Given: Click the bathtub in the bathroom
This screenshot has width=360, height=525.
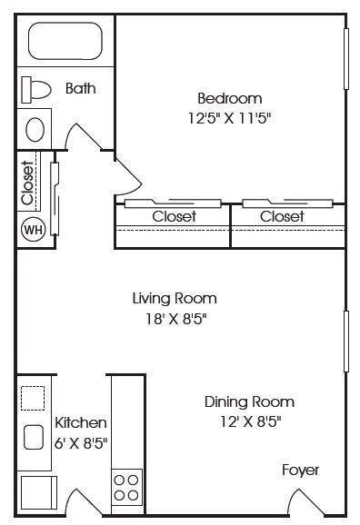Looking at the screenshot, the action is pos(65,41).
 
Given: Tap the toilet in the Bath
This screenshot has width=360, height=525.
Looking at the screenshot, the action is pos(35,90).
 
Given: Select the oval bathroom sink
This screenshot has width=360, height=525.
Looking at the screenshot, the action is pos(35,130).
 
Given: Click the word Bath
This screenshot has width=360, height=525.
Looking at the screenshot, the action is pos(80,88).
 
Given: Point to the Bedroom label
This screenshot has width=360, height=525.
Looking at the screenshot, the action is pos(230,98).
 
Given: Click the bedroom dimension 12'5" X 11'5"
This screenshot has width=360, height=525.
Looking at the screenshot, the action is pos(229,118).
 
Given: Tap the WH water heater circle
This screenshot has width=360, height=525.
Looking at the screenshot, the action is pos(34,230).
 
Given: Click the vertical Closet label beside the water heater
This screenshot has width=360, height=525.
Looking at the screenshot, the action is pos(27,183).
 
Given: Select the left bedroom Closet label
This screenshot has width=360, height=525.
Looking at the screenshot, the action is pos(174,216).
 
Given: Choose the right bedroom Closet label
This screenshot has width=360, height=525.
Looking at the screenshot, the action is pos(282,216).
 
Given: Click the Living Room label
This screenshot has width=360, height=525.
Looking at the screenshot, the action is pos(175,298).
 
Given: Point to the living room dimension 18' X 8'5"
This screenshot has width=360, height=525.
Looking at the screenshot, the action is pos(175,319).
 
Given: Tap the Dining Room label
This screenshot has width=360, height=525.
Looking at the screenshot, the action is pos(249,401).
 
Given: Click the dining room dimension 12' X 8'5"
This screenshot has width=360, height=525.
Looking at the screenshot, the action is pos(250,421).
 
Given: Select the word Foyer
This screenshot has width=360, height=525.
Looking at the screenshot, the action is pos(300,471).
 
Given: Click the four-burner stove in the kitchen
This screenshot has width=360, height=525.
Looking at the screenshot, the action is pos(126,487).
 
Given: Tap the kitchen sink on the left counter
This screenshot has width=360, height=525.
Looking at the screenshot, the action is pos(34,437).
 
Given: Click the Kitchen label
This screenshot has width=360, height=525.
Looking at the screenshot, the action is pos(81,422).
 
